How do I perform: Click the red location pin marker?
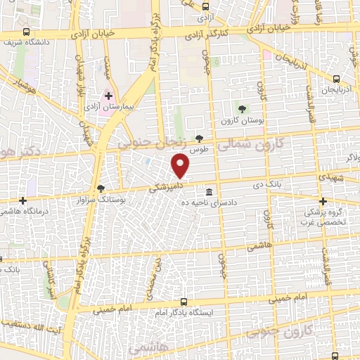(181, 166)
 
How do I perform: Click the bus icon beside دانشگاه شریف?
(27, 32)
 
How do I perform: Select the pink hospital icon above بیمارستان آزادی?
(108, 95)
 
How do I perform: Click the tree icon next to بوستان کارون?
(243, 109)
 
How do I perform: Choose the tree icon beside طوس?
(200, 139)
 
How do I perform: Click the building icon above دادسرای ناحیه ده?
(210, 192)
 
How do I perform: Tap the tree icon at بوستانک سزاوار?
(100, 188)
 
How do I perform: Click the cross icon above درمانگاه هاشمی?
(23, 200)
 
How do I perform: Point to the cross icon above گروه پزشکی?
(323, 200)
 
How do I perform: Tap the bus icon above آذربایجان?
(336, 79)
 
